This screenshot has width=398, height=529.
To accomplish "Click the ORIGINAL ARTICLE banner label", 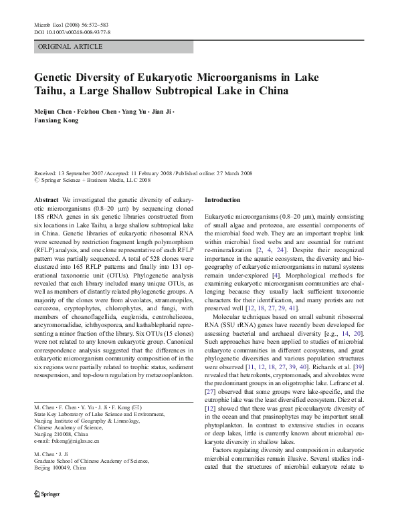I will [70, 47].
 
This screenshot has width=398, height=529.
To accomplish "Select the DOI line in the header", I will [72, 32].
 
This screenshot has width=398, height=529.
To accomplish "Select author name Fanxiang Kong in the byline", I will [56, 121].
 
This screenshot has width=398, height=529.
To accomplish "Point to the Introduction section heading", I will [222, 200].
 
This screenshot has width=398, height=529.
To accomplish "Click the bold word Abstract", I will [46, 200].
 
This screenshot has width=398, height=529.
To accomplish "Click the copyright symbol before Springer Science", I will [36, 180].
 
